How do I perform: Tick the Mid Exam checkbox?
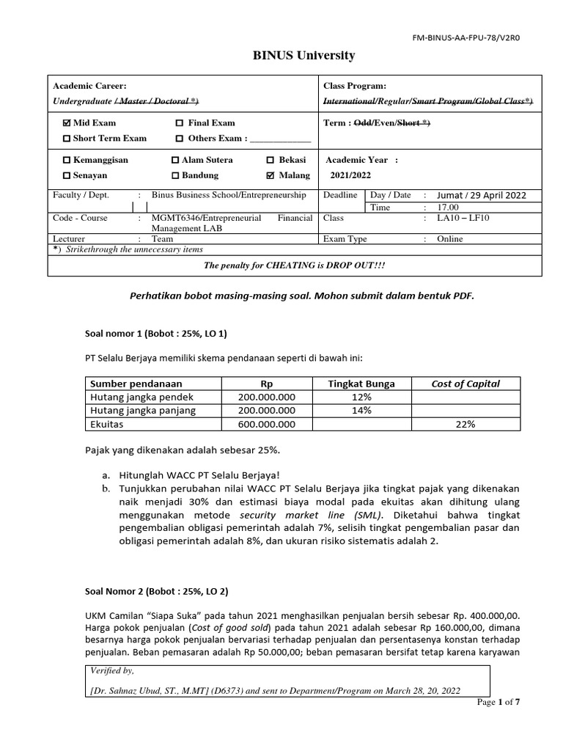(x=67, y=123)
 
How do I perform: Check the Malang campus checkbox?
(x=271, y=176)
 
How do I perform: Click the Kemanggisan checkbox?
(x=67, y=160)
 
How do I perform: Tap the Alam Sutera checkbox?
(x=174, y=160)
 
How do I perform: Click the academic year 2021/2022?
(x=351, y=176)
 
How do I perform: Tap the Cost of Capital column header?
(x=466, y=384)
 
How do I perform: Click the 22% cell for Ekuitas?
(x=466, y=424)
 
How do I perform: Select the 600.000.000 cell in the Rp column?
(x=267, y=424)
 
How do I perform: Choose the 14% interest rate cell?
(x=361, y=411)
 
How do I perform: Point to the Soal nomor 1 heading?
(x=157, y=334)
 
